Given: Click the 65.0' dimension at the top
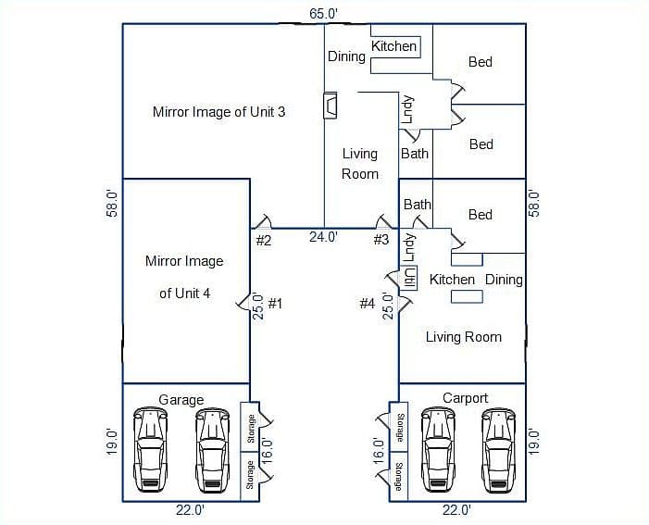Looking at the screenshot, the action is (x=324, y=14).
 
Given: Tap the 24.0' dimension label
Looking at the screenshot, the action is (x=324, y=237).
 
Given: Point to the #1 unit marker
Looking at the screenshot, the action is (x=275, y=304).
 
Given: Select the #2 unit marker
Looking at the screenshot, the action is (x=264, y=240).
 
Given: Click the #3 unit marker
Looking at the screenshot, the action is (x=381, y=239).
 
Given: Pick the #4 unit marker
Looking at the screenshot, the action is (x=368, y=304).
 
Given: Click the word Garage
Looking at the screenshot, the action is (x=181, y=400).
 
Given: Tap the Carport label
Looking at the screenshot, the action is (x=466, y=398).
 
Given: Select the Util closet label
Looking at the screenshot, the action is (x=410, y=278).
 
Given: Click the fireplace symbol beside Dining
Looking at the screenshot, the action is (x=331, y=106).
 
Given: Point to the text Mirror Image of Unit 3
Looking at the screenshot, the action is (x=218, y=112).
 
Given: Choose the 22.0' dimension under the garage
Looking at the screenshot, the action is (x=191, y=510).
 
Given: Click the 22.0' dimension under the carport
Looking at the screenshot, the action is (x=456, y=510).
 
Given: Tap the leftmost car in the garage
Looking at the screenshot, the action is (x=151, y=450).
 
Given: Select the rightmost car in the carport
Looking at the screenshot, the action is (x=499, y=450).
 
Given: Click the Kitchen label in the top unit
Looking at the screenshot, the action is (x=393, y=46).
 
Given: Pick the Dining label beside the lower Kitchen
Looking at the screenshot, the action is (x=504, y=280).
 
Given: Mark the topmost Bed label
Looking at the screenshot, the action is (x=481, y=62).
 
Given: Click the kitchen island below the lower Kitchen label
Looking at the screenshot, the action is (x=467, y=296).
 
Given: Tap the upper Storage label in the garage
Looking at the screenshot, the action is (x=250, y=429).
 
